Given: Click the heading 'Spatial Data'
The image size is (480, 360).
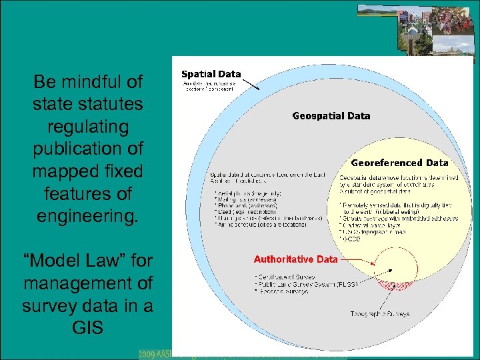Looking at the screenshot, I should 211,74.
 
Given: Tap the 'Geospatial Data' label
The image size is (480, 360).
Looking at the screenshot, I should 331,116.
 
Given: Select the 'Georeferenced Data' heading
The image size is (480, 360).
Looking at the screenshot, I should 399,163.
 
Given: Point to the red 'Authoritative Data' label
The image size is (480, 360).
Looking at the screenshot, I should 295,259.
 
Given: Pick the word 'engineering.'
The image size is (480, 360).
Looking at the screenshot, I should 88,217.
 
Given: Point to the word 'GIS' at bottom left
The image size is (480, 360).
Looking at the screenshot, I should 88,328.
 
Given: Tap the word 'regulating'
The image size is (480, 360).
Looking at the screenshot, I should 88,127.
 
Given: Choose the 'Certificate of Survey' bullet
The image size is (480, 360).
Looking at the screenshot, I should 282,277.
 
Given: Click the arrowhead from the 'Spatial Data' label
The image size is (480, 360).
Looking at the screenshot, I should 257,89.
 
